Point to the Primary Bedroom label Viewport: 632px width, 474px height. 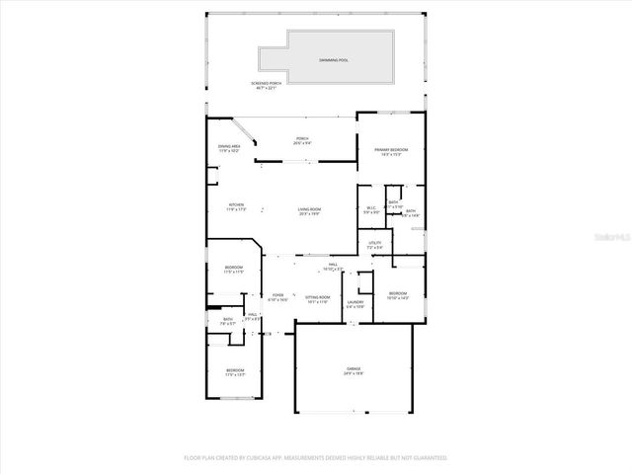point(391,151)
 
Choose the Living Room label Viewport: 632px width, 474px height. point(310,210)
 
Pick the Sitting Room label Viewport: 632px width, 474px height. point(317,297)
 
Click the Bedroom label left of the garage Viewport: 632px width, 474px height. point(233,372)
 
